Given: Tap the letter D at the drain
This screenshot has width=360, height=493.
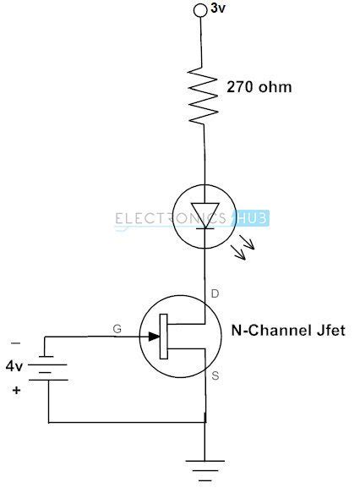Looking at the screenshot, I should click(215, 295).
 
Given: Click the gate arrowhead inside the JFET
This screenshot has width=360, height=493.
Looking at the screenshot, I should click(154, 336).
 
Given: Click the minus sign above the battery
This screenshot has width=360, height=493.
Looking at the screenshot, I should click(14, 343).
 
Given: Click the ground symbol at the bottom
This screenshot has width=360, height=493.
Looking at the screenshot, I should click(204, 468).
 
